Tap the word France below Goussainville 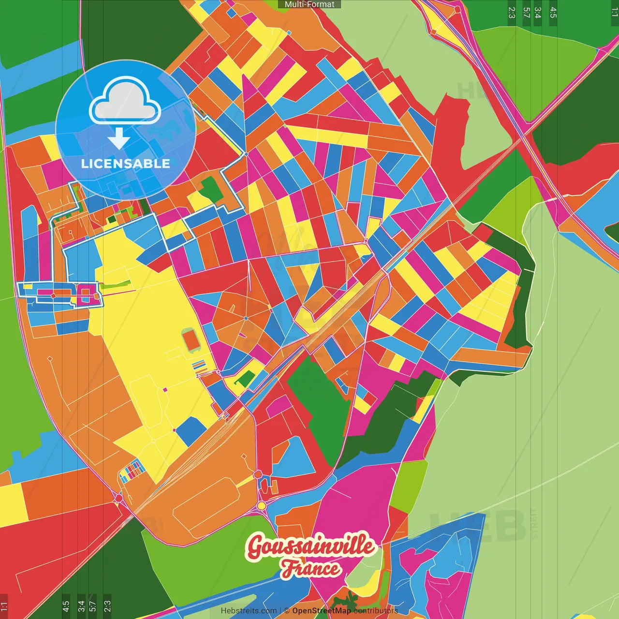click(x=310, y=569)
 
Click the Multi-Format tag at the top click(x=309, y=4)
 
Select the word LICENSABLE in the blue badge click(x=125, y=163)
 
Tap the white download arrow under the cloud click(x=119, y=138)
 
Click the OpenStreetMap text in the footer click(x=321, y=611)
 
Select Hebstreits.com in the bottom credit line click(x=249, y=611)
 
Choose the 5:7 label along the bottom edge click(x=93, y=606)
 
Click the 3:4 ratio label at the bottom click(x=81, y=606)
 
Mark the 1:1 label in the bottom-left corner click(x=4, y=606)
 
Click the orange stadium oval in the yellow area click(x=192, y=340)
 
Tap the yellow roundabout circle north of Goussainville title click(x=262, y=506)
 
